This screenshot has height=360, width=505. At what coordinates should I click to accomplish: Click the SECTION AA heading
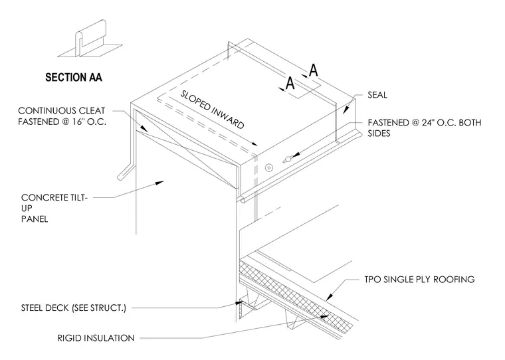pos(74,77)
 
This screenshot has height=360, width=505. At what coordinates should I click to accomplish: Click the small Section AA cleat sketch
pos(90,39)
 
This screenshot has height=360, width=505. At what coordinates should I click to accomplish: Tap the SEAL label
pos(377,95)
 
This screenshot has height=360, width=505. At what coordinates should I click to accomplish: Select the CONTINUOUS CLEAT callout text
pos(62,116)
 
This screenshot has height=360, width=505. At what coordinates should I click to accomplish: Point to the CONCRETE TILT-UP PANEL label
pos(54,208)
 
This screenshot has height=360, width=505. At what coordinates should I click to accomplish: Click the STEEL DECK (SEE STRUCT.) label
pos(74,308)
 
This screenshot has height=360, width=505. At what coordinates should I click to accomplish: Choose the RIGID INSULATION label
pos(96,338)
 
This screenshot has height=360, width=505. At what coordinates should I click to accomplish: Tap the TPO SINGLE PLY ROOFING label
pos(419,279)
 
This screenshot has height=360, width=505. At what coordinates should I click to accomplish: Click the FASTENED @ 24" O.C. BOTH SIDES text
pos(425,128)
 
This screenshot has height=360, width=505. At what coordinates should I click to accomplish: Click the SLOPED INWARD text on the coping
pos(212,110)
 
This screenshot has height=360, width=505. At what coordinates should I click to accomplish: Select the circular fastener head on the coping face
pos(269,168)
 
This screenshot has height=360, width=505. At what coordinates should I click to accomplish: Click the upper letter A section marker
pos(314,70)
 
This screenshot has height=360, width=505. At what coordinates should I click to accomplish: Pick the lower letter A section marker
pos(290,83)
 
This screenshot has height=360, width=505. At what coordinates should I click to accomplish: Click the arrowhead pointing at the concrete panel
pos(159,183)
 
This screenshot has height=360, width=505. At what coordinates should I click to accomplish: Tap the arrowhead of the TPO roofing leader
pos(329,296)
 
